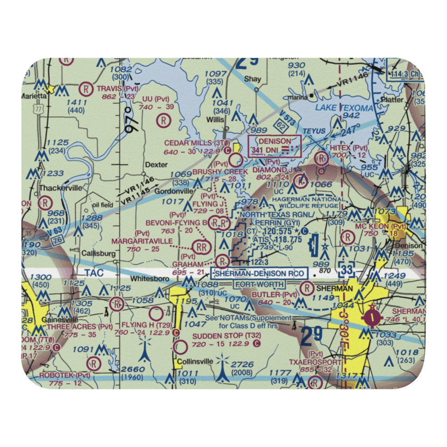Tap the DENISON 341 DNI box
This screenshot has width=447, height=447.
[274, 146]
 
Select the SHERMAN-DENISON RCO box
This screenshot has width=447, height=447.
[260, 274]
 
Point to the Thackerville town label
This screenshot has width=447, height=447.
[60, 188]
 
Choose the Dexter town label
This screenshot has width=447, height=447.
[144, 165]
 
